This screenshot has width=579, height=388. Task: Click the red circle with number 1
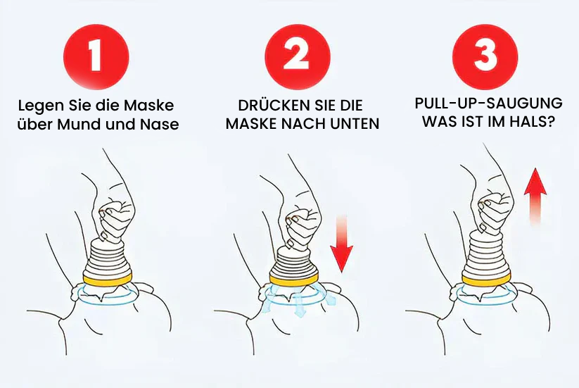(96, 57)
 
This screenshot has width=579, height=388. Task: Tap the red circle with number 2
(298, 56)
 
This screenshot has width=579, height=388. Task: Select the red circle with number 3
(485, 56)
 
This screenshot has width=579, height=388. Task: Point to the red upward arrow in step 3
(535, 196)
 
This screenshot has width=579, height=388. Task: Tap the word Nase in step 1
(159, 125)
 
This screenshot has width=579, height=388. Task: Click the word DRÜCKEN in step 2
(269, 106)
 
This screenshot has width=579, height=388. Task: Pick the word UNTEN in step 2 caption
(355, 124)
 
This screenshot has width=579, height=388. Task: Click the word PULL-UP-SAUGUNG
(488, 104)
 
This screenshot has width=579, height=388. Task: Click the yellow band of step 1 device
(108, 280)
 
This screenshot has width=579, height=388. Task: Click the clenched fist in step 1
(115, 218)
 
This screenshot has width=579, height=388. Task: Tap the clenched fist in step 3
(494, 213)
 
